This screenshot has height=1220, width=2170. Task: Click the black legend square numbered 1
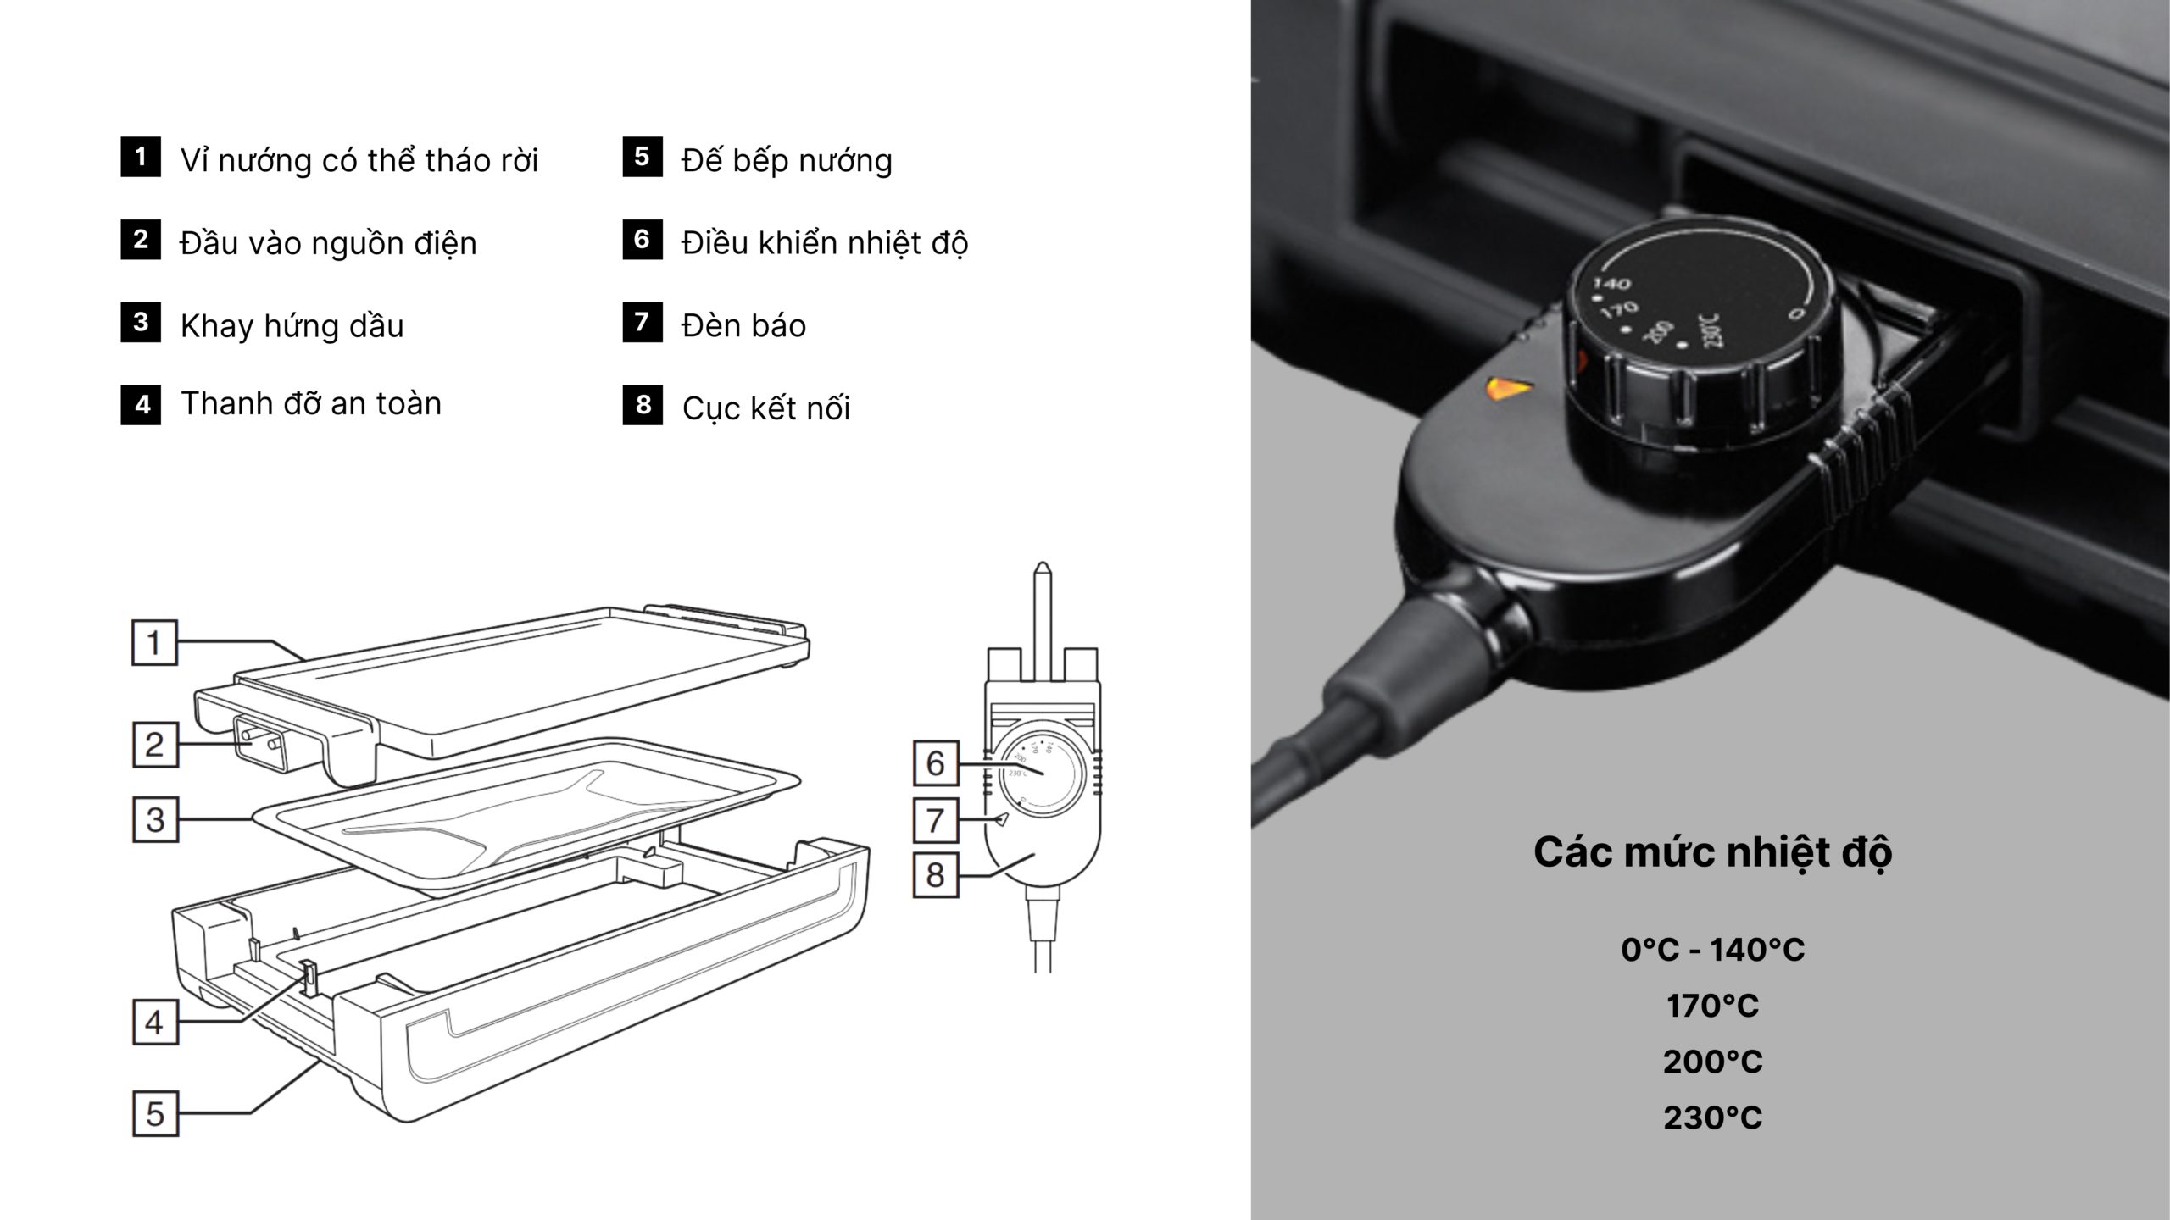tap(141, 157)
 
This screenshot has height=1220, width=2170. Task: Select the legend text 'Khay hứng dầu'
tap(292, 326)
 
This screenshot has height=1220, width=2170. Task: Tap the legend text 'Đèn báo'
tap(744, 325)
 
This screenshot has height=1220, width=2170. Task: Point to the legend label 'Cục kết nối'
tap(766, 408)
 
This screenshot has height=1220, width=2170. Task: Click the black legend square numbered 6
tap(643, 240)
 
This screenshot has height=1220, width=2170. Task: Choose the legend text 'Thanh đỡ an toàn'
tap(311, 403)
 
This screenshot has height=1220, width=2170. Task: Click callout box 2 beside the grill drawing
tap(155, 745)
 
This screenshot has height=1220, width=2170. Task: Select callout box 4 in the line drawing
tap(155, 1023)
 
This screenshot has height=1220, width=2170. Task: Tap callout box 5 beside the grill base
tap(155, 1113)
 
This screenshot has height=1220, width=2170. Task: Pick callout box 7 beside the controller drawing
tap(935, 820)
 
